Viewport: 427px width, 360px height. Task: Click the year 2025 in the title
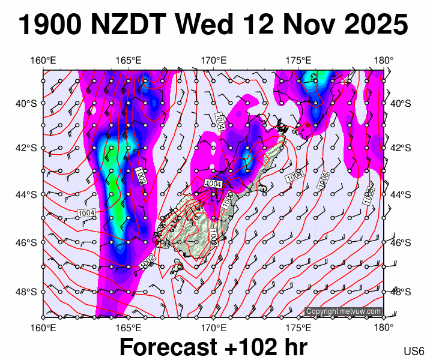click(x=371, y=25)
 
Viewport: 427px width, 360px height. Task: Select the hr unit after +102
click(x=294, y=347)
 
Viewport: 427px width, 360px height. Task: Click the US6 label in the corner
click(x=414, y=351)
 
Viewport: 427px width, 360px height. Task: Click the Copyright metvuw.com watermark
click(x=344, y=311)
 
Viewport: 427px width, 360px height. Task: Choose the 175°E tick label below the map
click(x=298, y=328)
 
